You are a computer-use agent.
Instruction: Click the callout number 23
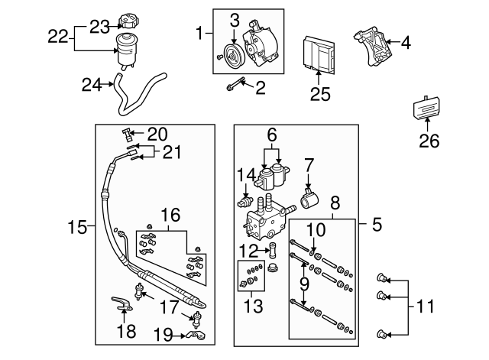click(100, 27)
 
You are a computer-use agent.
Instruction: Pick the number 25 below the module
click(317, 95)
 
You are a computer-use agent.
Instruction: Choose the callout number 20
click(157, 133)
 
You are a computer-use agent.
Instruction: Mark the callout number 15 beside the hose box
click(77, 226)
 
